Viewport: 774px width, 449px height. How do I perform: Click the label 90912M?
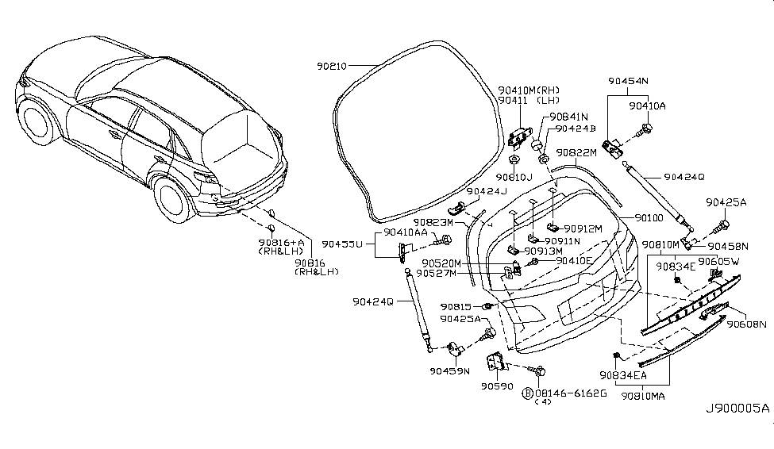click(x=584, y=229)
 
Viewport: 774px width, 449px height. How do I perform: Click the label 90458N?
click(x=729, y=246)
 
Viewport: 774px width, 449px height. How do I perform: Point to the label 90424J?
click(x=486, y=191)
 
